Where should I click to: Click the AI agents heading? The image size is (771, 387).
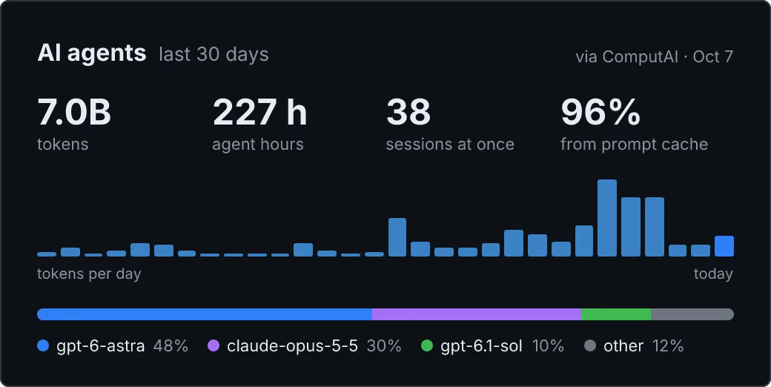click(91, 53)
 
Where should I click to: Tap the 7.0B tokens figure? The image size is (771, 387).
click(74, 112)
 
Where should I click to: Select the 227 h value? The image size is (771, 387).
click(259, 112)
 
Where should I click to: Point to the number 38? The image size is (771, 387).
click(408, 112)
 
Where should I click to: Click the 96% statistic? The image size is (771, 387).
click(600, 112)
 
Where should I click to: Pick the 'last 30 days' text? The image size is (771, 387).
click(214, 54)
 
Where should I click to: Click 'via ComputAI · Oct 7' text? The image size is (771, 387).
click(654, 56)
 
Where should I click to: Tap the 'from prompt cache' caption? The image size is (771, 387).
click(635, 144)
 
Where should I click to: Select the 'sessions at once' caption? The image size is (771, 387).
click(450, 144)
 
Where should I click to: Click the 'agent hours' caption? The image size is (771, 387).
click(258, 145)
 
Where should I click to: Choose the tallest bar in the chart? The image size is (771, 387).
click(606, 218)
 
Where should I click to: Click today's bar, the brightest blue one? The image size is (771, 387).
click(724, 246)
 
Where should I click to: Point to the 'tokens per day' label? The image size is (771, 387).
click(89, 274)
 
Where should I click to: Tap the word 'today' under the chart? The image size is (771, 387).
click(713, 274)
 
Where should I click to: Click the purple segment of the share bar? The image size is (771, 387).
click(477, 314)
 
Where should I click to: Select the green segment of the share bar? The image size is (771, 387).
click(616, 314)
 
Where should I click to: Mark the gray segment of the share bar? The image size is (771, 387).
click(692, 314)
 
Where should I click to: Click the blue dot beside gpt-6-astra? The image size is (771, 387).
click(43, 345)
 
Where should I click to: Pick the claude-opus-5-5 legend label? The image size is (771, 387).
click(293, 346)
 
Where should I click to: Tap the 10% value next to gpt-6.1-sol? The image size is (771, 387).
click(548, 346)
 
